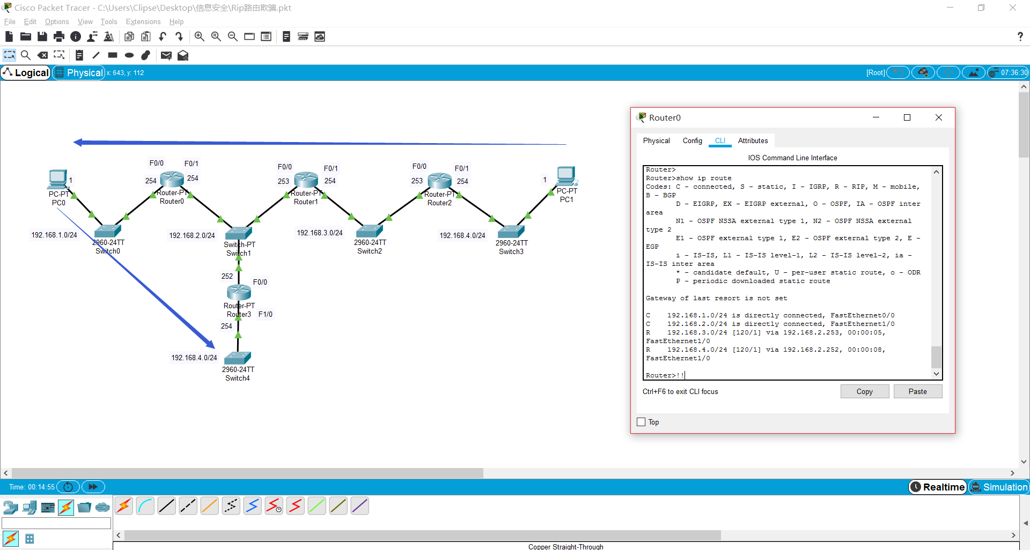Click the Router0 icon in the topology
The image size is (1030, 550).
(172, 180)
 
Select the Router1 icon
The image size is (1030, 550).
(306, 180)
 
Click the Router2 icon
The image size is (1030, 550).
(440, 181)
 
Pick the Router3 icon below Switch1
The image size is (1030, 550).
(239, 292)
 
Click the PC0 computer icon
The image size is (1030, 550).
(57, 179)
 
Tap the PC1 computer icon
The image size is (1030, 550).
(566, 176)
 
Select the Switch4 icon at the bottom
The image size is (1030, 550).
(238, 358)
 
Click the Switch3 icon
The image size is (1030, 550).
(511, 231)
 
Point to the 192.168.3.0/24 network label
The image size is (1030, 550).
(320, 233)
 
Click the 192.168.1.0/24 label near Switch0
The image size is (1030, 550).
(54, 235)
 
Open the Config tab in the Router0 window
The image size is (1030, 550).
(692, 140)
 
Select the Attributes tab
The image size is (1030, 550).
(753, 140)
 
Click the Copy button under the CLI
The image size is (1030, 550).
(864, 391)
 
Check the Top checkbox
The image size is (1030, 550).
(641, 422)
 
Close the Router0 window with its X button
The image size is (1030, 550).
(938, 117)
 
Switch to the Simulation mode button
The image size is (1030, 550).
(999, 487)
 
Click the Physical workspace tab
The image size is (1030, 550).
(79, 72)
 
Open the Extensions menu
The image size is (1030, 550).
(143, 21)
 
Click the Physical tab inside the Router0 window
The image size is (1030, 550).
(656, 140)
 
